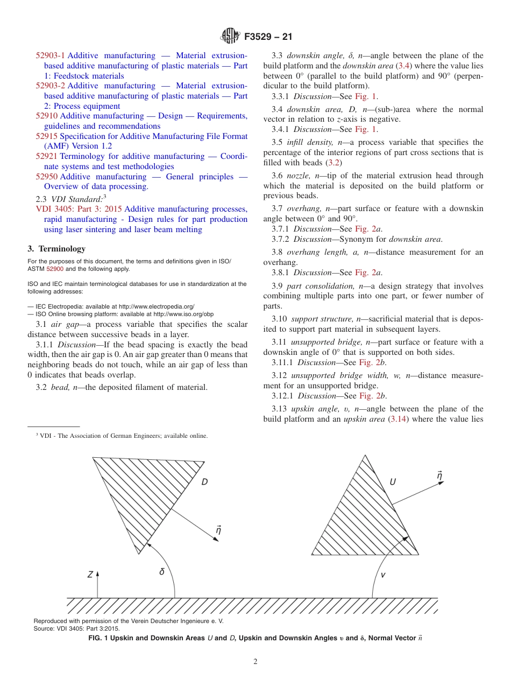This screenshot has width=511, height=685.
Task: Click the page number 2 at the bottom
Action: click(256, 662)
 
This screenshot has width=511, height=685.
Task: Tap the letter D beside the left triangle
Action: click(204, 482)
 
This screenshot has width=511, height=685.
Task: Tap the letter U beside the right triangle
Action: click(393, 482)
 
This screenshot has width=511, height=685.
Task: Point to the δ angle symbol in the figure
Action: click(162, 572)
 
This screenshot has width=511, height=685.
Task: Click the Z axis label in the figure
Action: click(90, 575)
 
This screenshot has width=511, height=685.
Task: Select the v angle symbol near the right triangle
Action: click(383, 575)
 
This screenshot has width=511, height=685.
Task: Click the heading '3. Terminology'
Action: click(56, 249)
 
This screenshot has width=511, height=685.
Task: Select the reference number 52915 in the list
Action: click(47, 136)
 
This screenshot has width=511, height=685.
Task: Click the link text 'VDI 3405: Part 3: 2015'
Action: click(79, 209)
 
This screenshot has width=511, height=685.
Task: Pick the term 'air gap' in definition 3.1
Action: click(65, 324)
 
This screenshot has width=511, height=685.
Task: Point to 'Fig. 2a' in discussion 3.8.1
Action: click(371, 272)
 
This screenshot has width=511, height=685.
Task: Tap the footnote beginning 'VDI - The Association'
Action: click(121, 436)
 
